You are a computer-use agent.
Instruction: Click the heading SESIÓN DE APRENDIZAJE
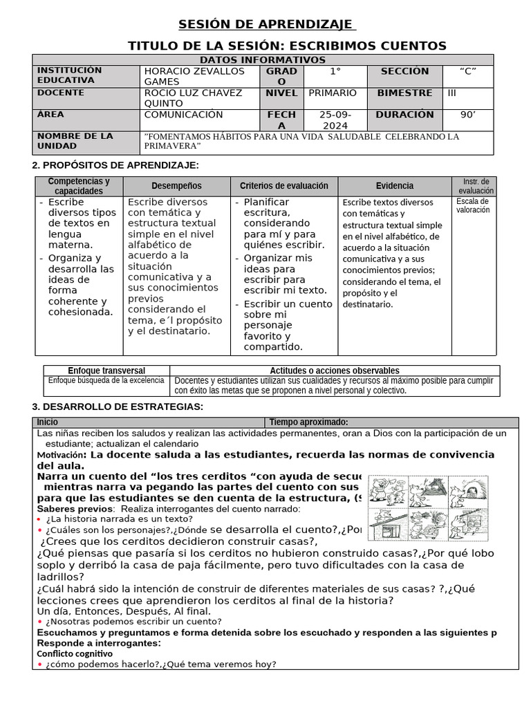pos(267,25)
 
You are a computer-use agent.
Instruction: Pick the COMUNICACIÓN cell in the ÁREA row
pos(183,115)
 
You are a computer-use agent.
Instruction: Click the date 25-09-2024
pos(335,120)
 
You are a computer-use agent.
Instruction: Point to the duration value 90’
pos(468,115)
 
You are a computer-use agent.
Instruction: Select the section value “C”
pos(467,71)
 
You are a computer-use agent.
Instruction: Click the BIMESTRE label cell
pos(404,93)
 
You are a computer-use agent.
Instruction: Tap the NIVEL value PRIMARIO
pos(333,93)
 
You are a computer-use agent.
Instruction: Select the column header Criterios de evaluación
pos(283,186)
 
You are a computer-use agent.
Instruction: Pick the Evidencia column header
pos(395,186)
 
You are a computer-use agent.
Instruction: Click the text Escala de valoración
pos(473,205)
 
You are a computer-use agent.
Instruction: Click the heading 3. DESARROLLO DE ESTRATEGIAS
pos(118,406)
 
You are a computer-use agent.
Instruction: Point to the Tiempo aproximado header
pos(308,422)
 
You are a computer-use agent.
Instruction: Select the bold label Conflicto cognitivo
pos(74,653)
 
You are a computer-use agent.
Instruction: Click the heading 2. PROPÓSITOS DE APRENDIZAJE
pos(116,165)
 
